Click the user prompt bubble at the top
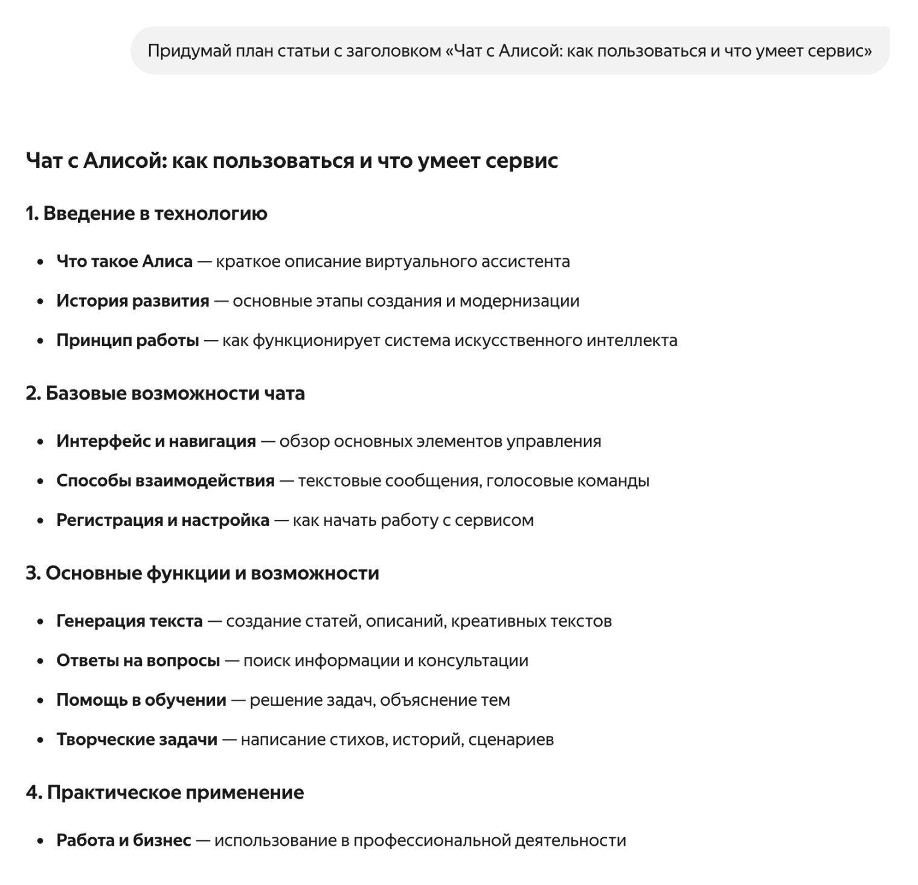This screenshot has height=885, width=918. [509, 51]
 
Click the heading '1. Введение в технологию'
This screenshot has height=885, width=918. [146, 214]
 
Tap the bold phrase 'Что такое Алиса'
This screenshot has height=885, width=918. [124, 261]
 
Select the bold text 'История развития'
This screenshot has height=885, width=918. [133, 301]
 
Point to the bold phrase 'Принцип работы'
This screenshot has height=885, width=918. [127, 340]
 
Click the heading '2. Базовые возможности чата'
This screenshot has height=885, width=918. [165, 394]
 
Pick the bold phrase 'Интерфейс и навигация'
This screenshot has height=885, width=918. [156, 441]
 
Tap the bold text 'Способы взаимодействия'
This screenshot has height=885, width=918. [165, 481]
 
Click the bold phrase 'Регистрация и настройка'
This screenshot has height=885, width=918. [163, 520]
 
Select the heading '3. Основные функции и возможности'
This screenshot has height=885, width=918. [202, 573]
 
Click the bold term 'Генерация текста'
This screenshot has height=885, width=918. [129, 621]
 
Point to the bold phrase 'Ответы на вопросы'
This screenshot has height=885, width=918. [138, 660]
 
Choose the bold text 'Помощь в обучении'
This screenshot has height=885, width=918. [141, 700]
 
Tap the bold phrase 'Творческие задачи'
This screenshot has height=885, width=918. [137, 740]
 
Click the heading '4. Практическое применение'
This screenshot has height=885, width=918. [164, 792]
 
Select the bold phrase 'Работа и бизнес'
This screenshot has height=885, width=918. [124, 840]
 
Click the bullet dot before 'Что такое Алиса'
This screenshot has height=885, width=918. [40, 262]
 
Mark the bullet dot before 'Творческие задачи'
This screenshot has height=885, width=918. [40, 740]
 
